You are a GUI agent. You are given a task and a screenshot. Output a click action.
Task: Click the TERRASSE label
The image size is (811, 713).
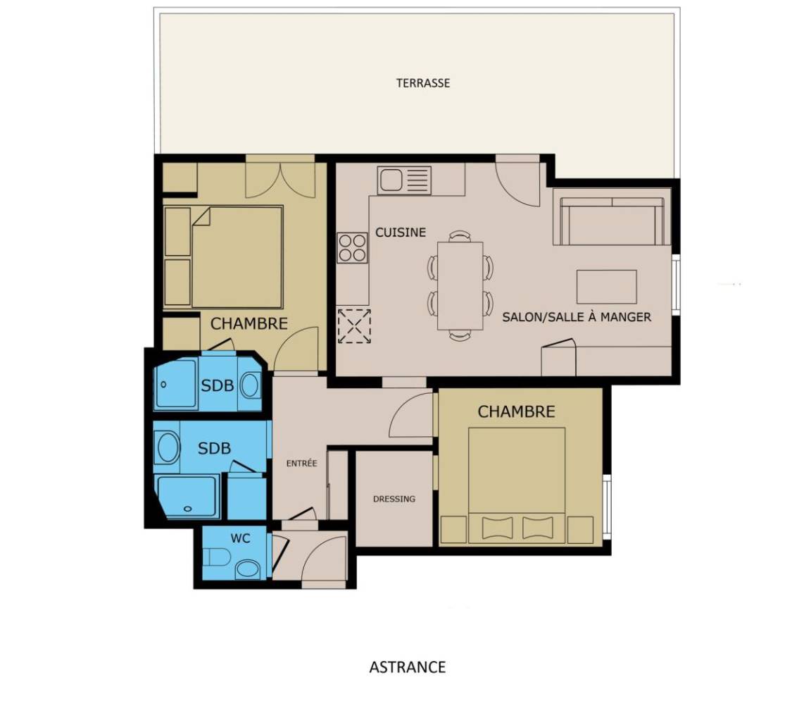[x=423, y=83]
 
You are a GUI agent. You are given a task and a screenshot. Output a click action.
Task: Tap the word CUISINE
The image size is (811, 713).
[x=401, y=232]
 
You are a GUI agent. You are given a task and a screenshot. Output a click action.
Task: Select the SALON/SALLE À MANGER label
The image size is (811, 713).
[x=577, y=317]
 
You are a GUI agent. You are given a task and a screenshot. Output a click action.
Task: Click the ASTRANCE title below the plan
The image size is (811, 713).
[x=408, y=667]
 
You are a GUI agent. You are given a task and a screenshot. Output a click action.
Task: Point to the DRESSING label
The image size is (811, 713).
[x=394, y=499]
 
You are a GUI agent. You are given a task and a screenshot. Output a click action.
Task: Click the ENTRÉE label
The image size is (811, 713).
[x=301, y=464]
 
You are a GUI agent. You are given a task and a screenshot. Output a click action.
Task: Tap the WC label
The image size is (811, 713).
[x=241, y=538]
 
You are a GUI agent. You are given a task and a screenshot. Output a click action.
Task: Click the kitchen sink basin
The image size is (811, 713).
[x=391, y=180]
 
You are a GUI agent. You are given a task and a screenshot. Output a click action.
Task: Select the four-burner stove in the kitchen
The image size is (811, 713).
[x=352, y=248]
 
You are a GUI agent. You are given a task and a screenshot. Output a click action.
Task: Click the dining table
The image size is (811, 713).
[x=460, y=286]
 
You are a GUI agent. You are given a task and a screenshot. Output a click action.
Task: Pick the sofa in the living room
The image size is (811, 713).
[x=612, y=221]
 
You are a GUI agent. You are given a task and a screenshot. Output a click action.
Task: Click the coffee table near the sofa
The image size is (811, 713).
[x=607, y=286]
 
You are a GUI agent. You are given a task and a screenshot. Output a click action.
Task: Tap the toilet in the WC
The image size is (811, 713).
[x=217, y=558]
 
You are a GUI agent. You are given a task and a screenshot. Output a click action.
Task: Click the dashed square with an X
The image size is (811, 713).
[x=354, y=326]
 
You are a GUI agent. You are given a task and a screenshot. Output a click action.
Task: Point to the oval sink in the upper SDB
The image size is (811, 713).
[x=251, y=385]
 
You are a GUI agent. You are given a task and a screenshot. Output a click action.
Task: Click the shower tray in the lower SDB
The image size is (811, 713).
[x=188, y=497]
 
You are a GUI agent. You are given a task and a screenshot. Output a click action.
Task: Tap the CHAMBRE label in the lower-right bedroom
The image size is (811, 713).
[x=516, y=411]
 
